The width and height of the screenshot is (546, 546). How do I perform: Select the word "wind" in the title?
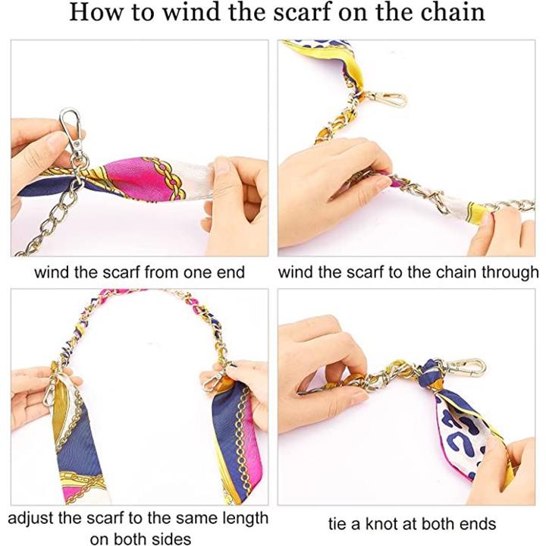point(192,12)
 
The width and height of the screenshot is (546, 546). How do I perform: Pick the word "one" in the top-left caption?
point(198,273)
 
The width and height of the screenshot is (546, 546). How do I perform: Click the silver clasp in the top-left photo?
point(72,130)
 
